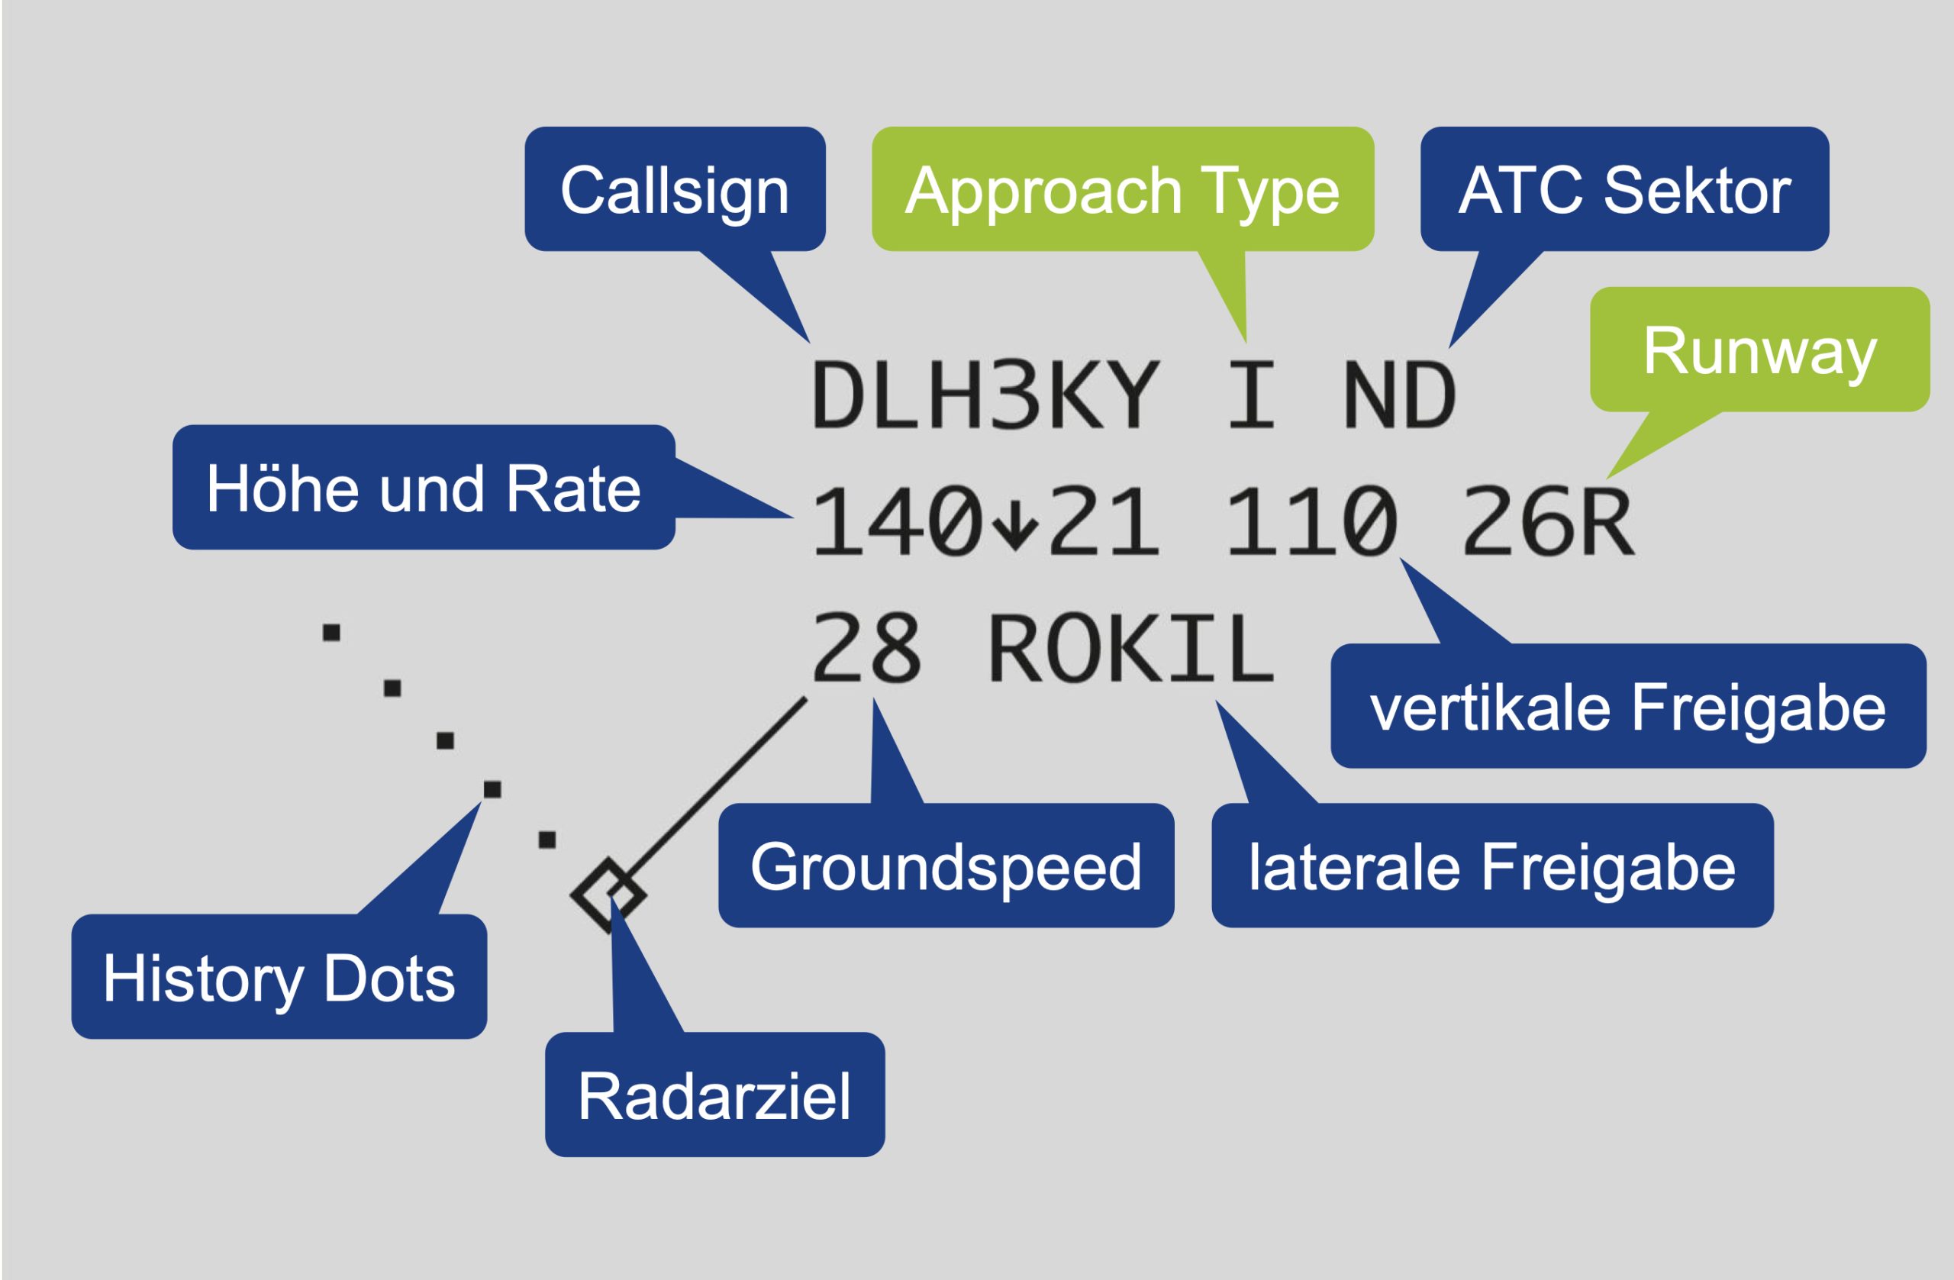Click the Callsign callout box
pos(675,189)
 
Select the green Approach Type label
pos(1122,189)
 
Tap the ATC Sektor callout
pos(1625,189)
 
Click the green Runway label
pos(1760,349)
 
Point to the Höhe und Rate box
pos(424,487)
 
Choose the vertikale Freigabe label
pos(1629,706)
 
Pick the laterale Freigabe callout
pos(1492,866)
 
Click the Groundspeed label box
pos(946,866)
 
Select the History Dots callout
pos(279,976)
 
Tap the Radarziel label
pos(714,1095)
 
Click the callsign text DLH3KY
pos(985,395)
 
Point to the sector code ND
pos(1399,395)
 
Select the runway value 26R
pos(1549,521)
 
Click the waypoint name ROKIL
pos(1132,648)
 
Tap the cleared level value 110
pos(1311,521)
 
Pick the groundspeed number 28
pos(867,648)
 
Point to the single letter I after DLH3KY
pos(1252,395)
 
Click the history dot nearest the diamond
pos(547,839)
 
